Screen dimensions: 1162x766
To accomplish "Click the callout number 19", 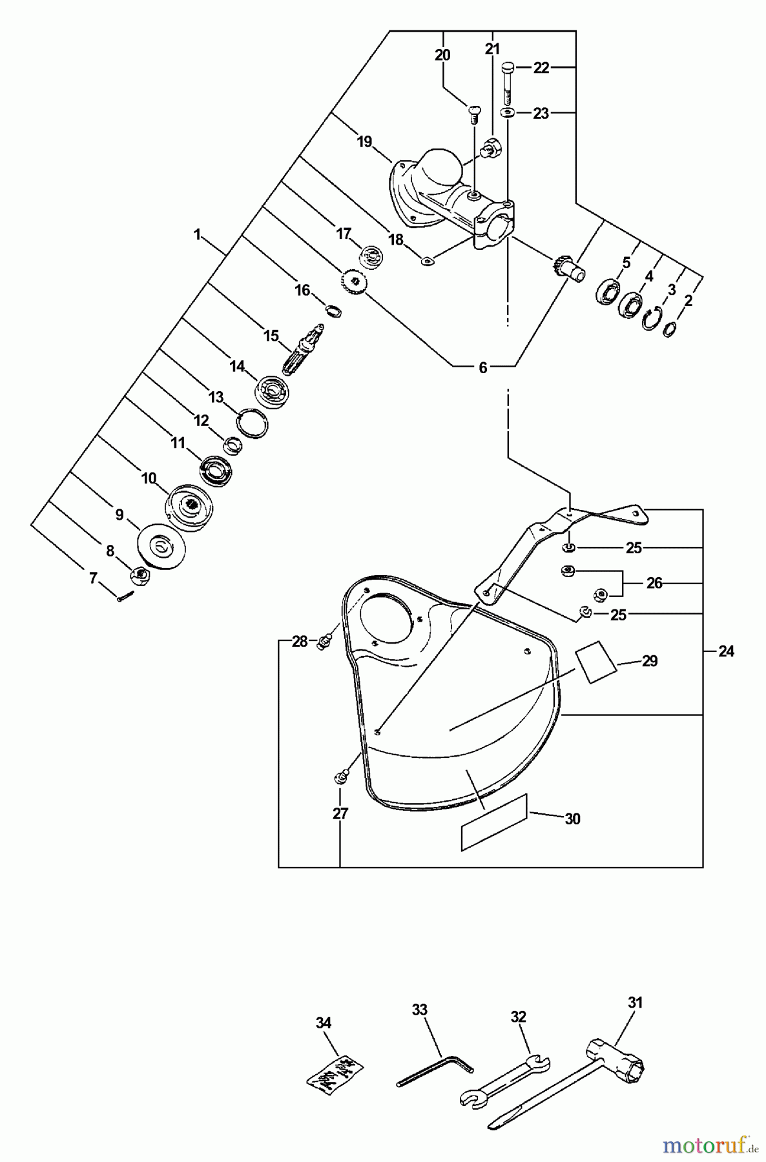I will click(x=365, y=141).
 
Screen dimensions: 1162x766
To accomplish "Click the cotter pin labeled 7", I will click(x=125, y=597).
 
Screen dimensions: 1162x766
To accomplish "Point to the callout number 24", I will click(x=727, y=652).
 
